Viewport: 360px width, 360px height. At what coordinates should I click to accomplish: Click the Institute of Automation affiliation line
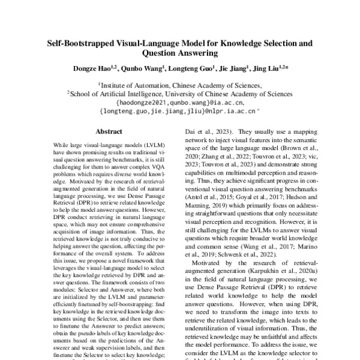pyautogui.click(x=180, y=86)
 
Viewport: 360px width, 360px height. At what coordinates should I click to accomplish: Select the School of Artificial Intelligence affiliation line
pyautogui.click(x=180, y=94)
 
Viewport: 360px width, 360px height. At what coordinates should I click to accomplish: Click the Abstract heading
pyautogui.click(x=108, y=131)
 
